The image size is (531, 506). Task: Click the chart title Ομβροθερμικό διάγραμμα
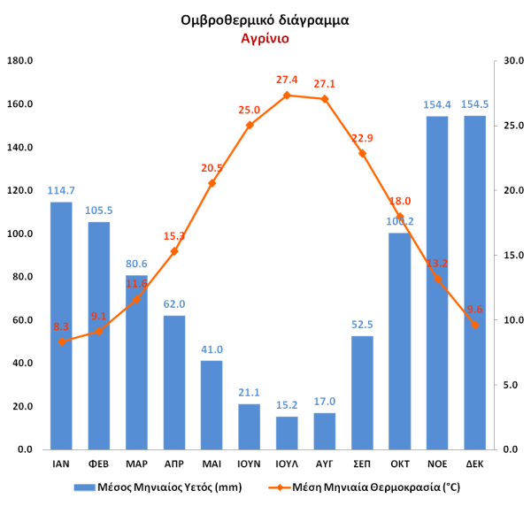tap(264, 19)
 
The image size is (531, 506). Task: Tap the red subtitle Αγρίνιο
tap(265, 39)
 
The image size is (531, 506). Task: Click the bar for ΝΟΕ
tap(437, 283)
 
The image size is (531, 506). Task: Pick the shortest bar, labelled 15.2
tap(287, 433)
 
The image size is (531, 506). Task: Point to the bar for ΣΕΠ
tap(362, 393)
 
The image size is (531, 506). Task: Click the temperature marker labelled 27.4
tap(287, 95)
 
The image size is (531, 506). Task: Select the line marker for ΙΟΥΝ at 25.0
tap(250, 126)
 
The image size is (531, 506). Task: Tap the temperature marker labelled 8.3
tap(61, 341)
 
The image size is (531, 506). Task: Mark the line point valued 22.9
tap(362, 153)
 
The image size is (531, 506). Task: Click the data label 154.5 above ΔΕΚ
tap(474, 104)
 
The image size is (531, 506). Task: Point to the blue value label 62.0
tap(174, 304)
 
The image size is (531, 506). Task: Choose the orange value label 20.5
tap(212, 168)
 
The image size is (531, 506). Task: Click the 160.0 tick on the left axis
tap(19, 104)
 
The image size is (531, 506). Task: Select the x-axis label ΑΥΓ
tap(324, 464)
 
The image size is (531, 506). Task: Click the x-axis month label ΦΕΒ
tap(99, 464)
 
